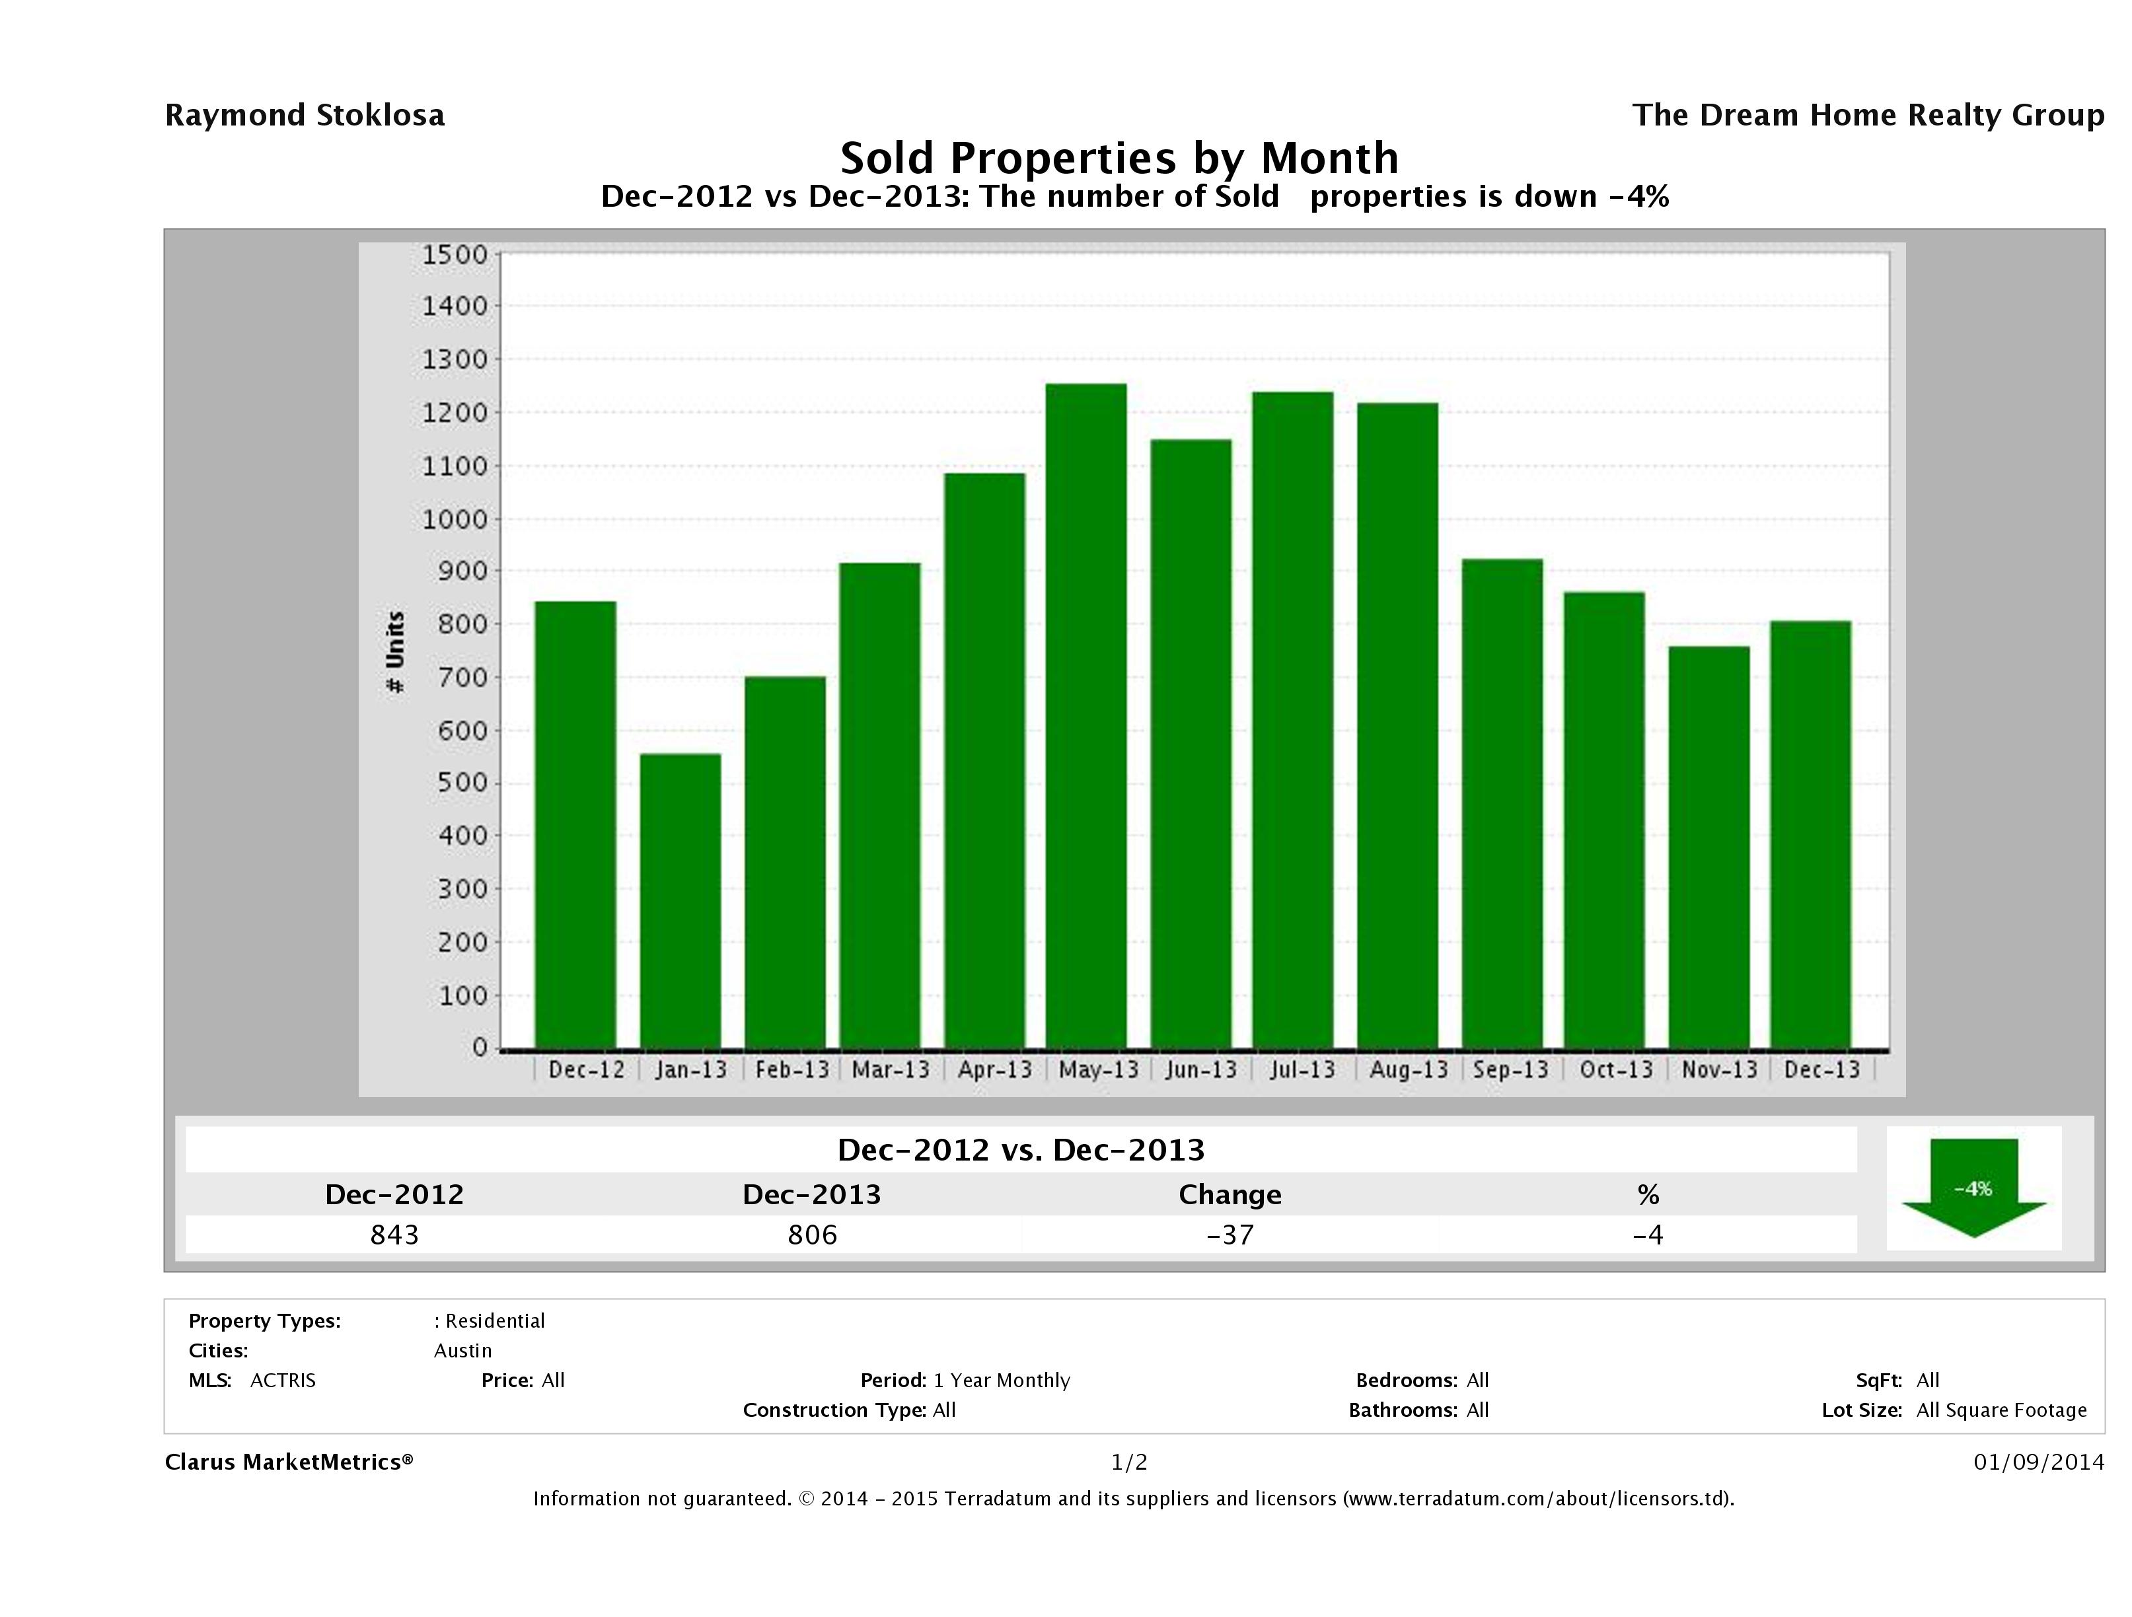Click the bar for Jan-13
point(680,900)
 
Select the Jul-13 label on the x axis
point(1302,1069)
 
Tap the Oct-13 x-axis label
point(1615,1069)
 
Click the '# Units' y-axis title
point(395,651)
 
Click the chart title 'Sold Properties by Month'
point(1119,158)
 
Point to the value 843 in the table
point(394,1235)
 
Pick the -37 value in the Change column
point(1230,1235)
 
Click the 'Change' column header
point(1230,1195)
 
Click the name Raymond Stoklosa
point(305,116)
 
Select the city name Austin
point(462,1350)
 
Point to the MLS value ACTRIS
point(282,1380)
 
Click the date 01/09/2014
point(2038,1462)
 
